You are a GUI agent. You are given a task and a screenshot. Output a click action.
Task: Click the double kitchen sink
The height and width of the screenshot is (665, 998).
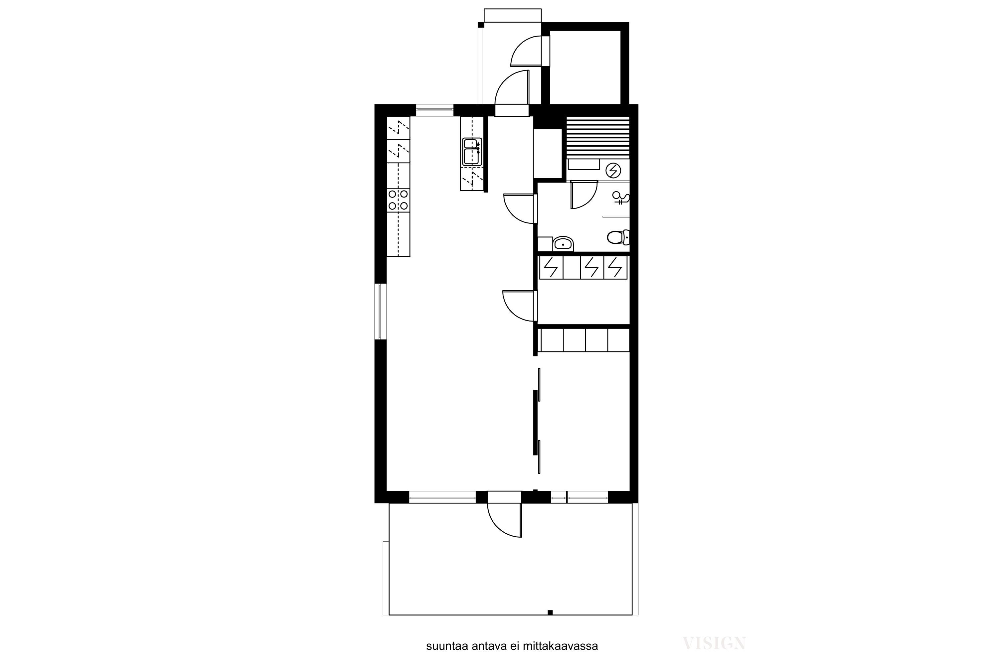472,151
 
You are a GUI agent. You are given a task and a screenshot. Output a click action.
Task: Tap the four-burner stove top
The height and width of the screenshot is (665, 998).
398,200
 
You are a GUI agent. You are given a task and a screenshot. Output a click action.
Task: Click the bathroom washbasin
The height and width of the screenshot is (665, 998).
563,244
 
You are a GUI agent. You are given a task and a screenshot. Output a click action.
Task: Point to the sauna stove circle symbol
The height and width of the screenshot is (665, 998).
613,171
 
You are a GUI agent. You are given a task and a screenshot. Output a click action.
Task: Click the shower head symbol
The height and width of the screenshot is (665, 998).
621,198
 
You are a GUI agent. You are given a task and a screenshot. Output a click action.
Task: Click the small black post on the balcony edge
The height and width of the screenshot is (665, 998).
550,612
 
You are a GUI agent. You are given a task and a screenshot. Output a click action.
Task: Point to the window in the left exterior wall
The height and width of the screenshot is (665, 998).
380,311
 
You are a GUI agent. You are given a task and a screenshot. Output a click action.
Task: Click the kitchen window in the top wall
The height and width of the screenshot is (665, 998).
434,110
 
